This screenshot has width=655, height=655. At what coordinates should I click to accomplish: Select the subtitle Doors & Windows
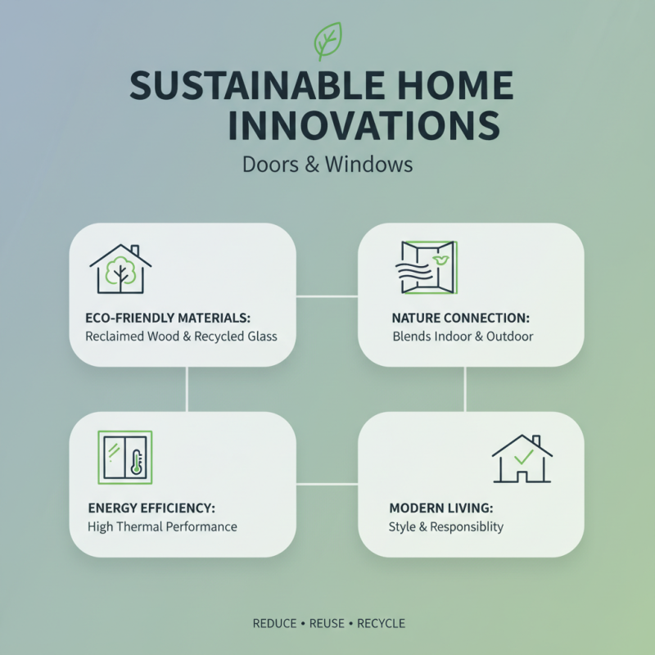327,164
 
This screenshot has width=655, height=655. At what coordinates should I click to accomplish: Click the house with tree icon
120,269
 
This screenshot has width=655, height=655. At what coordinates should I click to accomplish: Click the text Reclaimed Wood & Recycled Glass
181,336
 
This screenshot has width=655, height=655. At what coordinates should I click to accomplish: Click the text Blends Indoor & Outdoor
463,336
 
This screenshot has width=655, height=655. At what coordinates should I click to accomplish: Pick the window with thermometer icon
124,456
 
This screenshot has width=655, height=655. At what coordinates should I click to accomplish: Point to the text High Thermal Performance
162,526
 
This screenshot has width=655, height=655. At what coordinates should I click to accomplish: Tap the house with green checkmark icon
522,458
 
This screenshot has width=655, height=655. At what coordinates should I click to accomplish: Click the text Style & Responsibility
445,526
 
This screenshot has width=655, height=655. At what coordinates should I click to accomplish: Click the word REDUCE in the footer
274,624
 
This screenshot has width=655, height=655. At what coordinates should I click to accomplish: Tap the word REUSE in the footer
327,624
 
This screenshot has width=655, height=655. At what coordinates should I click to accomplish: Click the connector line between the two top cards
327,296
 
